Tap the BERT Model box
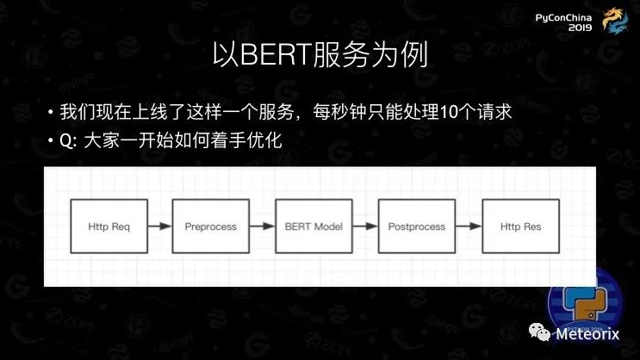(313, 227)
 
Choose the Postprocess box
(416, 227)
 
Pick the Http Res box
(519, 227)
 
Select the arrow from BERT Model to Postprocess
(364, 227)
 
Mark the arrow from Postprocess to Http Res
(468, 227)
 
